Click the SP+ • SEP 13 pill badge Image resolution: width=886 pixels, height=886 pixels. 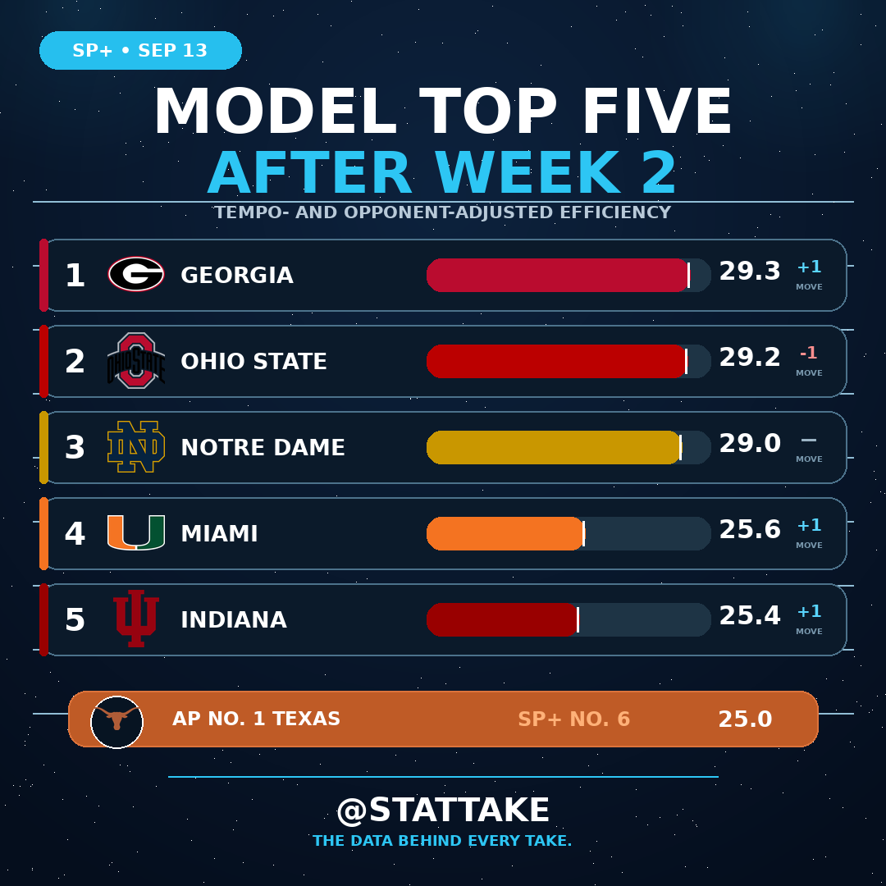point(141,50)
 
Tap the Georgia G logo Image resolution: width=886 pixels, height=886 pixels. point(136,274)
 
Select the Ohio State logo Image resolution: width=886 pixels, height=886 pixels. point(136,360)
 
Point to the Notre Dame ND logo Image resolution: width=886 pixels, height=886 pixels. point(136,446)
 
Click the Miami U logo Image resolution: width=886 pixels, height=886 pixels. point(136,532)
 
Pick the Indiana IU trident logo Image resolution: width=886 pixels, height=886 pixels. point(136,619)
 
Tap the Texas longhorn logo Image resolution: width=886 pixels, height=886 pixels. point(117,722)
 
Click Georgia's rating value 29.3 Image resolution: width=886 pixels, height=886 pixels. point(750,272)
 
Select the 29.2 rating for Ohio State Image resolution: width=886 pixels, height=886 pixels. point(750,357)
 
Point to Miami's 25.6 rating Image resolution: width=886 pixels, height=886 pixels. point(750,529)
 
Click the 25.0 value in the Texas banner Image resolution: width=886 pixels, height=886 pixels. point(745,719)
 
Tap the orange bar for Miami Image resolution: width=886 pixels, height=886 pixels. point(505,533)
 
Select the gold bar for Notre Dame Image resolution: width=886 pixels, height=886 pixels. point(554,448)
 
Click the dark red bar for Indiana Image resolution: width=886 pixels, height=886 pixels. point(502,620)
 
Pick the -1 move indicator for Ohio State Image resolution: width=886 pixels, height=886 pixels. point(809,353)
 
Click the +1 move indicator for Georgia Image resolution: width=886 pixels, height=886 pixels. point(809,267)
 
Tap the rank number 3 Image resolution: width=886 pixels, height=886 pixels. point(75,448)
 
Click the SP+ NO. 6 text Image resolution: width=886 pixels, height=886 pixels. point(573,719)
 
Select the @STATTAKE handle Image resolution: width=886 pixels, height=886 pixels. point(443,811)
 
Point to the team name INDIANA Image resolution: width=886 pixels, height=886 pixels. point(234,620)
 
